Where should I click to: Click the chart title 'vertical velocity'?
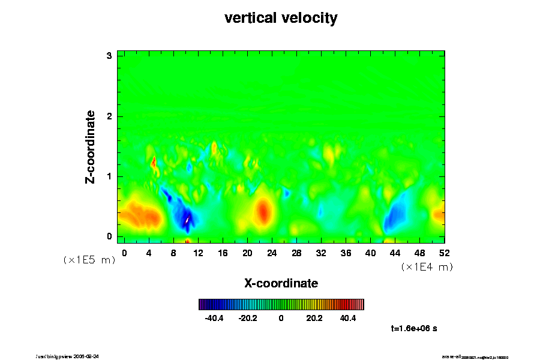pos(281,18)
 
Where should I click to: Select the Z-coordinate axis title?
pos(91,146)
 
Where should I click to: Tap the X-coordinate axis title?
pos(281,283)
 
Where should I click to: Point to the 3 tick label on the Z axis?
pos(109,56)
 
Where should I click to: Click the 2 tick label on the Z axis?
pos(109,116)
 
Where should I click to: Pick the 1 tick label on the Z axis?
pos(109,176)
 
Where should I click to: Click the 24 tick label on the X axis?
pos(272,253)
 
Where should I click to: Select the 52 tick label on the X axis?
pos(445,253)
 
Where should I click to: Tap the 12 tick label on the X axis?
pos(198,253)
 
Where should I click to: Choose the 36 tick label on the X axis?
pos(346,253)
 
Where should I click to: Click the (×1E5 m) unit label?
pos(89,260)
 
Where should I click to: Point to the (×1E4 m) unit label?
pos(427,267)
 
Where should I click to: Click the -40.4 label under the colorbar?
pos(214,318)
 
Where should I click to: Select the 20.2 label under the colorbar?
pos(314,318)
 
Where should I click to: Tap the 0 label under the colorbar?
pos(281,318)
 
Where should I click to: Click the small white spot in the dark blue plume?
pos(187,220)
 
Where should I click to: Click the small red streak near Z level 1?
pos(154,161)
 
